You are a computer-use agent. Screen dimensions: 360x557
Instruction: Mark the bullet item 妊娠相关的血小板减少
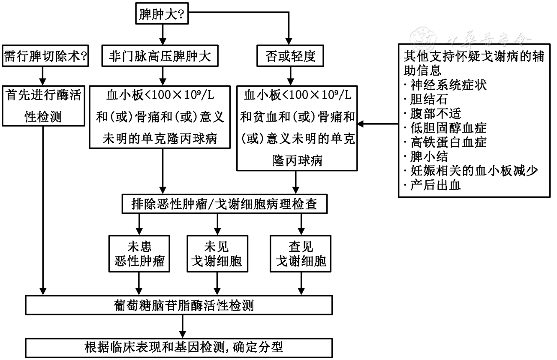(x=470, y=171)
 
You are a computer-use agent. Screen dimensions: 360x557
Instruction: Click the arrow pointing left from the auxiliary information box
(x=378, y=124)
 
